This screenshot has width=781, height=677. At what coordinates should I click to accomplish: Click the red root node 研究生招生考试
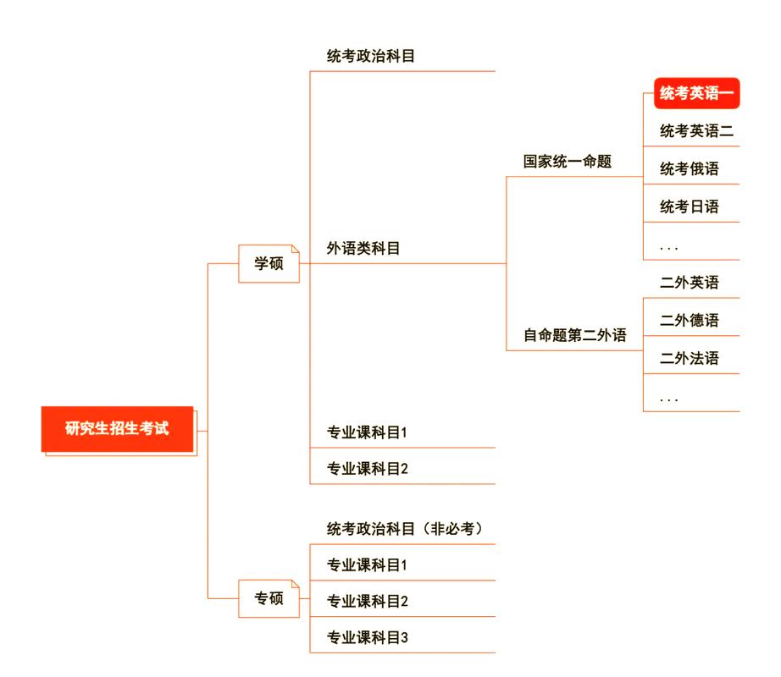118,429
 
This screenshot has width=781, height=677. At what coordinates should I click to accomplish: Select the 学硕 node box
269,263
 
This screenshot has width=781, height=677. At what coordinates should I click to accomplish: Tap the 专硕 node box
269,599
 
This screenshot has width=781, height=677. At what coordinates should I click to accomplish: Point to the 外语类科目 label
363,249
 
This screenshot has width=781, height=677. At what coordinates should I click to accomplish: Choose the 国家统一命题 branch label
567,162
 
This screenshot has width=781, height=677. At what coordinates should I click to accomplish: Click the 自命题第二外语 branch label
574,336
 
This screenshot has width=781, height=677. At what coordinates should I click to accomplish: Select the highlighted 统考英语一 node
696,95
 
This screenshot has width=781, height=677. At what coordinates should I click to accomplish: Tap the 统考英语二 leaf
696,131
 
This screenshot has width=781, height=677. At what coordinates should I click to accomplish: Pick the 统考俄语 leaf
690,168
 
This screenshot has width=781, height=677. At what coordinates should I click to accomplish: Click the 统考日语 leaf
690,206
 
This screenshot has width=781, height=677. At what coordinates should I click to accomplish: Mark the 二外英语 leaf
690,283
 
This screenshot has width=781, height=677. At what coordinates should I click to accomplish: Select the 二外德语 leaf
690,320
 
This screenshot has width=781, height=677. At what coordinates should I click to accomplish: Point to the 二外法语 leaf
690,358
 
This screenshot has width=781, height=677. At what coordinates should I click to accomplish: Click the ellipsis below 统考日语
669,246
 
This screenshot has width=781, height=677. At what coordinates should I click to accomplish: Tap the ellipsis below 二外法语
669,397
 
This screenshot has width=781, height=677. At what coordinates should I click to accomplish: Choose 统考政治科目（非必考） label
404,529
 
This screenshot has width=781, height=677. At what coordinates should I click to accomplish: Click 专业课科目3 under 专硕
368,637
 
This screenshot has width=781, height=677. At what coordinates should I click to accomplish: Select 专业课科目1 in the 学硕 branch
368,432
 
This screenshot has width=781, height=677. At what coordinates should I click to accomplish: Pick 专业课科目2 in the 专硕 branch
368,601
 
